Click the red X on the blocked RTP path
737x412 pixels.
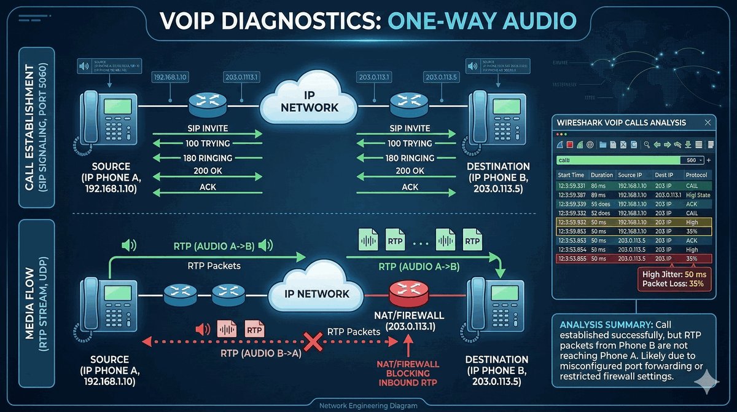[x=314, y=340]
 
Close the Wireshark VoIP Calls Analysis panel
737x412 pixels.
[x=708, y=122]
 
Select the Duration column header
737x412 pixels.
[x=601, y=175]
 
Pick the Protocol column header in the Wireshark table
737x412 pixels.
[x=696, y=175]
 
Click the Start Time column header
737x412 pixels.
[x=571, y=175]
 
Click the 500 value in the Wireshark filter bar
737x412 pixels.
[x=691, y=160]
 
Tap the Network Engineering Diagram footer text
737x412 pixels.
[x=368, y=406]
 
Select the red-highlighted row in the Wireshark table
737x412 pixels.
[x=633, y=259]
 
